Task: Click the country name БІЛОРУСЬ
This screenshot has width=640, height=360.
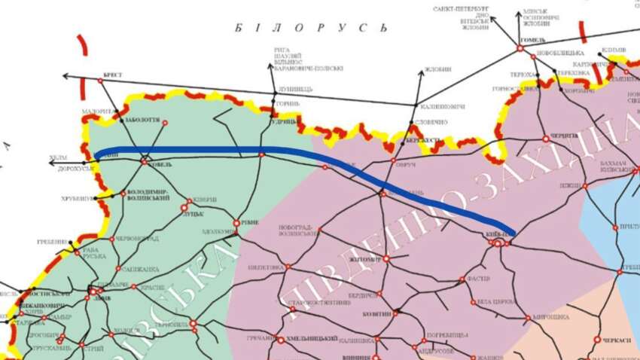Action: [311, 28]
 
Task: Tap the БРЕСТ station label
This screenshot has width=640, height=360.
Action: [111, 75]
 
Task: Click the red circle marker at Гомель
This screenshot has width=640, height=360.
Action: [520, 49]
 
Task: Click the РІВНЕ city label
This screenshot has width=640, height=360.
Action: [247, 223]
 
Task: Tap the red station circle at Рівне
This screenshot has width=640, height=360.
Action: [236, 224]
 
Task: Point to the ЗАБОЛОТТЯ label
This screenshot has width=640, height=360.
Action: [141, 118]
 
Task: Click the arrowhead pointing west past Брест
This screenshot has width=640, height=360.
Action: [65, 76]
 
